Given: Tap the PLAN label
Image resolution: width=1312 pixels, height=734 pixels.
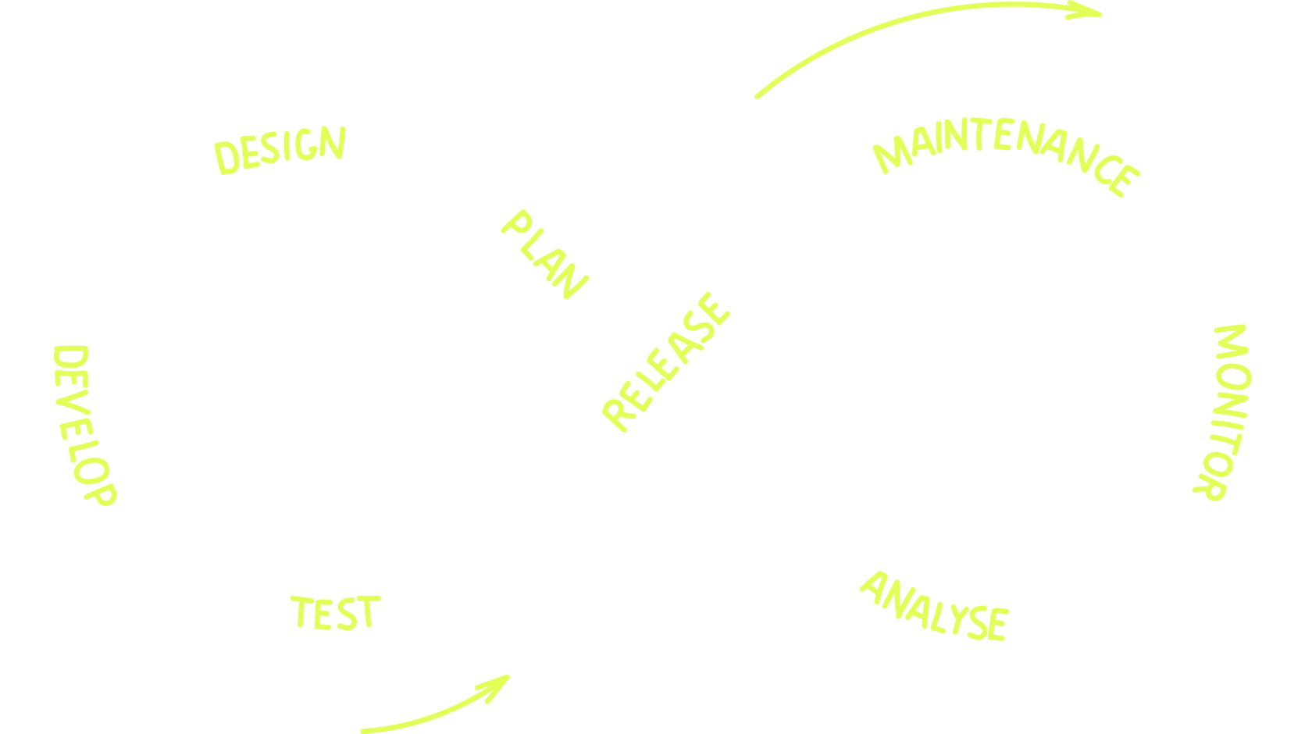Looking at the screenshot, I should [x=545, y=253].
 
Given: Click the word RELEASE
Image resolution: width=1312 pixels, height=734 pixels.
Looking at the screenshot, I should [x=666, y=361].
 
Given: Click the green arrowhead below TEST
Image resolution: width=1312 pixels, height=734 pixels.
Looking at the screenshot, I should [x=497, y=684].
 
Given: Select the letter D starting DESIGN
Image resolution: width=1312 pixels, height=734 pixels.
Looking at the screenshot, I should [x=227, y=158].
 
